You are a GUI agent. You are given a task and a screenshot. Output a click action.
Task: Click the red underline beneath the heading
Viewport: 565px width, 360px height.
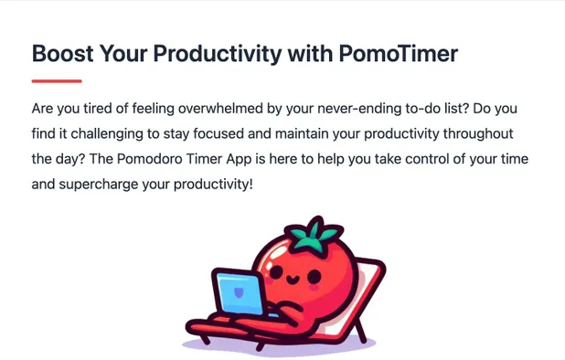click(57, 81)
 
